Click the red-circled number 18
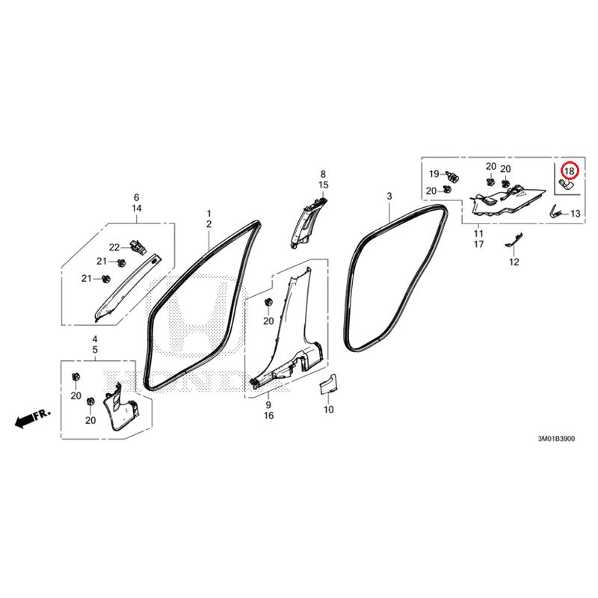coord(569,171)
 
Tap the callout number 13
coord(575,214)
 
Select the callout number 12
coord(514,262)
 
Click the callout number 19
coord(434,174)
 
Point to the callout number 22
coord(114,247)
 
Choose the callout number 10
coord(329,410)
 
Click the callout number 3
coord(389,197)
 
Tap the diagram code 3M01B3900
coord(556,439)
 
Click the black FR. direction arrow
coord(24,421)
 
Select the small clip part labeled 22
coord(138,247)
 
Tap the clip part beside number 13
coord(556,211)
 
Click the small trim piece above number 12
coord(514,239)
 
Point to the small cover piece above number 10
coord(328,383)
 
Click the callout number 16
coord(269,416)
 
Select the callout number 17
coord(479,244)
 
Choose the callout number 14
coord(137,209)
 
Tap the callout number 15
coord(324,185)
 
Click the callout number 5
coord(95,349)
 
